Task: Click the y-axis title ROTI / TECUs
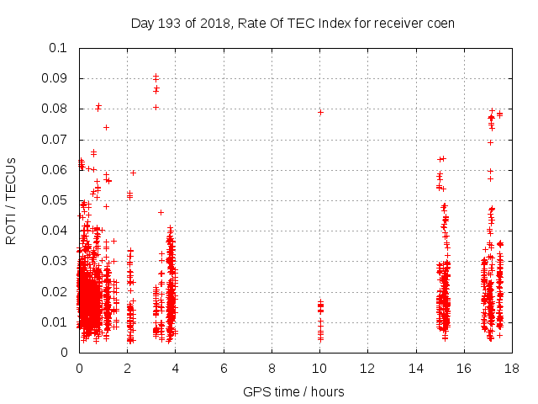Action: [12, 200]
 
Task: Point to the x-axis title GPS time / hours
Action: [293, 391]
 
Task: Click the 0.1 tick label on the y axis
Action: [60, 48]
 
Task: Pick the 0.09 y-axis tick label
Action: [55, 78]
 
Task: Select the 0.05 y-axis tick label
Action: [55, 200]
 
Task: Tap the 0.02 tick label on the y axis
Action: [55, 291]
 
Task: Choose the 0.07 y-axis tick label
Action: [55, 139]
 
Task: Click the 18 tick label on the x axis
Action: [512, 369]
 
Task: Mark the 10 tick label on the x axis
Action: [319, 369]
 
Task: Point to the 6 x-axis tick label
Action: [224, 369]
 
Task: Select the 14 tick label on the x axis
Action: [416, 369]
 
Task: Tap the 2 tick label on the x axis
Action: [128, 369]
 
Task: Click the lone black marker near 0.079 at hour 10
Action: [320, 112]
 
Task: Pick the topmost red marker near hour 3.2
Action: [156, 76]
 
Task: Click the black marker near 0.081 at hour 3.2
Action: [156, 107]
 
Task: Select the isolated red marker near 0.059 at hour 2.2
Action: [133, 173]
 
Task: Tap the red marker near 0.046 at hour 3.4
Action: [161, 212]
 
